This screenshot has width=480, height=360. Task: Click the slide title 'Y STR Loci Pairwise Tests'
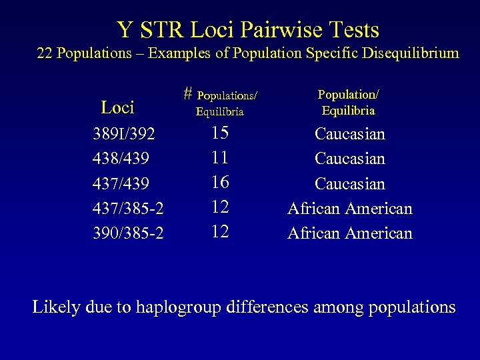click(248, 29)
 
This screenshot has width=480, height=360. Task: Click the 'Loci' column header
click(117, 107)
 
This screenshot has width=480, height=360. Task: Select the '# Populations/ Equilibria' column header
click(220, 103)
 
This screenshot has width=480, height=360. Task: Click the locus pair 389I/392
click(124, 135)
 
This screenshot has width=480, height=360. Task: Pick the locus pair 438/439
click(121, 159)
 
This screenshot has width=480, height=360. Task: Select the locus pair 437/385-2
click(129, 209)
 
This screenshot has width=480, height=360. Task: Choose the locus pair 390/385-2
click(129, 233)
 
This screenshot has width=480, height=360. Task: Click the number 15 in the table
click(220, 133)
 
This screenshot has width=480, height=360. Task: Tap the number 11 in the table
click(220, 158)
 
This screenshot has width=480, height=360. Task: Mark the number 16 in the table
click(220, 182)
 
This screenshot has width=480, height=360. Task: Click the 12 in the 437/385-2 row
click(220, 207)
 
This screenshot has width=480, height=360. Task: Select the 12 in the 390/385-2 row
click(220, 231)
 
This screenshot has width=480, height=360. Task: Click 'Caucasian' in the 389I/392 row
click(350, 134)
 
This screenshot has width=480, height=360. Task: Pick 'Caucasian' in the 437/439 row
click(350, 183)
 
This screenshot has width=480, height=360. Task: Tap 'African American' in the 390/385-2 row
click(350, 233)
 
